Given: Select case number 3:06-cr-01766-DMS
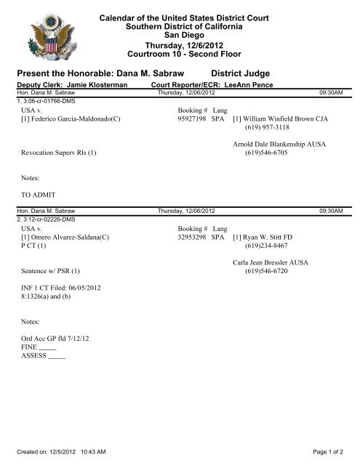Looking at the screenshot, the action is pyautogui.click(x=44, y=100).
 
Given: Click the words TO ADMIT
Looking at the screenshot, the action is pyautogui.click(x=38, y=195).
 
